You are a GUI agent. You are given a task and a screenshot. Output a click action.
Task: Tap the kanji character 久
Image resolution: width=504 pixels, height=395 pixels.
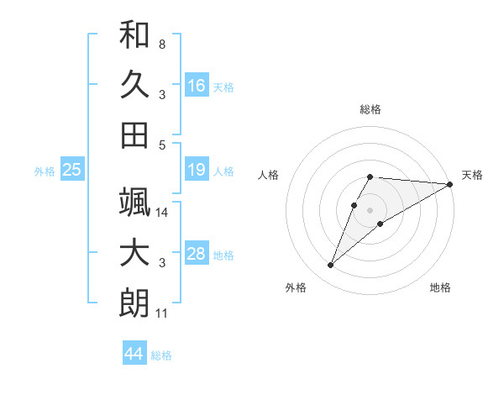(134, 84)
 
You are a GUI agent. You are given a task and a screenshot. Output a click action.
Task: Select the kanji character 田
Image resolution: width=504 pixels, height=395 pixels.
(134, 134)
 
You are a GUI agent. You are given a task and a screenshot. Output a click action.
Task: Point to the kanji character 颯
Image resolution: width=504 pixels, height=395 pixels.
(134, 202)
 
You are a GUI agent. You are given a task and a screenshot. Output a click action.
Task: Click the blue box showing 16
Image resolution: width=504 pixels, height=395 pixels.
(197, 85)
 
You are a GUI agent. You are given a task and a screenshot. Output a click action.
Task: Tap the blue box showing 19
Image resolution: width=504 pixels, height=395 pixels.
(197, 171)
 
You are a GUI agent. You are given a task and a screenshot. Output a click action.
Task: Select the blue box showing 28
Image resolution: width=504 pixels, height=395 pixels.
(197, 255)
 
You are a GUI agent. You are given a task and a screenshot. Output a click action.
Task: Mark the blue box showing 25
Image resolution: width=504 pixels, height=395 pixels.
(72, 171)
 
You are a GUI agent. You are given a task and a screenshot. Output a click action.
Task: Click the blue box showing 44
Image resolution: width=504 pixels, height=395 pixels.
(134, 354)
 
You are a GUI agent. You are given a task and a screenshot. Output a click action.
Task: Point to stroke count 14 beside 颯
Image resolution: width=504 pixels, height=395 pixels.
(162, 213)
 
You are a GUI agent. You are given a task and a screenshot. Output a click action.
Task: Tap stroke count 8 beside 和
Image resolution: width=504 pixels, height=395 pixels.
(161, 44)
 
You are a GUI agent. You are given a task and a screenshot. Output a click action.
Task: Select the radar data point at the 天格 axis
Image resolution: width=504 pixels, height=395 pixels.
(450, 185)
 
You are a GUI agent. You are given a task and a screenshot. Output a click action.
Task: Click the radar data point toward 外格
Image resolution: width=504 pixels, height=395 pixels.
(331, 266)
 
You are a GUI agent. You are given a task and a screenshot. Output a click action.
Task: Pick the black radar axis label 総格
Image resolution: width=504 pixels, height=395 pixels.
(370, 109)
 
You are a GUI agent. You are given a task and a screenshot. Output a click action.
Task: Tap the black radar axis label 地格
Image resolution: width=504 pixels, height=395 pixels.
(440, 288)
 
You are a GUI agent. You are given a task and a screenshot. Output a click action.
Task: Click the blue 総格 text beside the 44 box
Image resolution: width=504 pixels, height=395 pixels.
(161, 355)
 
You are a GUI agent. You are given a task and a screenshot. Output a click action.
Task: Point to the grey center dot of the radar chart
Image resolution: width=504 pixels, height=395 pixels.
(370, 209)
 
